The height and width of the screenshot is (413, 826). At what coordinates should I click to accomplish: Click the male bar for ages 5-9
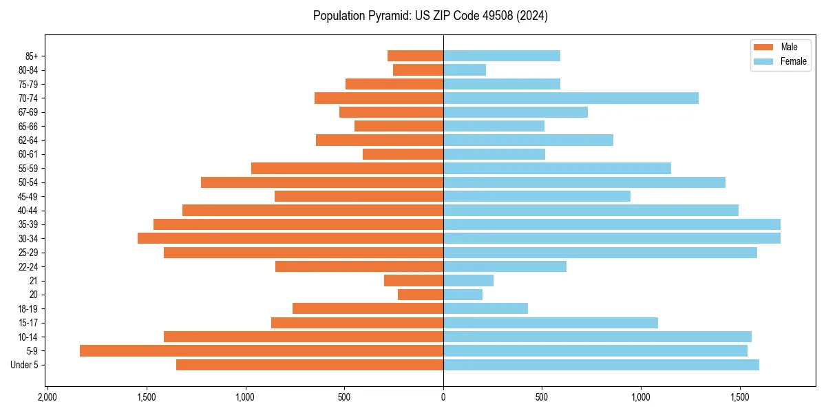262,351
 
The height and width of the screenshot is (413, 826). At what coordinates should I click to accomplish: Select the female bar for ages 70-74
571,98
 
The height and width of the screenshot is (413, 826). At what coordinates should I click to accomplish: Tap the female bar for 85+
502,56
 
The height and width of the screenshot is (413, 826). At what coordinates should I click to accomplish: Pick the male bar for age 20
421,295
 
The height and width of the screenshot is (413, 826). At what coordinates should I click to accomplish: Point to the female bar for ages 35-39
612,224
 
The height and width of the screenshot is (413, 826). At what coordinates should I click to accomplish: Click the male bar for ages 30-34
290,238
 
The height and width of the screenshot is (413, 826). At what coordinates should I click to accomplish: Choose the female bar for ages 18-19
485,309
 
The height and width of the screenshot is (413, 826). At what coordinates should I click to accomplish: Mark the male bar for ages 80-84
418,70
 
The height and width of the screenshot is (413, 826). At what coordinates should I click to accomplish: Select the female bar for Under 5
601,365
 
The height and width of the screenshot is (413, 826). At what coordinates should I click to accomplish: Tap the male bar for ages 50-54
322,182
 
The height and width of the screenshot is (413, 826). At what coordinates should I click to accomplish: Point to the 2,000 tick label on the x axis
47,398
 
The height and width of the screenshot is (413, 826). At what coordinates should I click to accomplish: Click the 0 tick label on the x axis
443,398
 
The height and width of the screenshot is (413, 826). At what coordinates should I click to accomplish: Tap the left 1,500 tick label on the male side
146,398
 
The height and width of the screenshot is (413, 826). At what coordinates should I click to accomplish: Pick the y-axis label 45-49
28,197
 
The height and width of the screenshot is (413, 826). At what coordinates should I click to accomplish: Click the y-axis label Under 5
25,365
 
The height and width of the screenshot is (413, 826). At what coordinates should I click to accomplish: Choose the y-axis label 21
34,281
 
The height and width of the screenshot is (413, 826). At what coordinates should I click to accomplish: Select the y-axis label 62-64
28,140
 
